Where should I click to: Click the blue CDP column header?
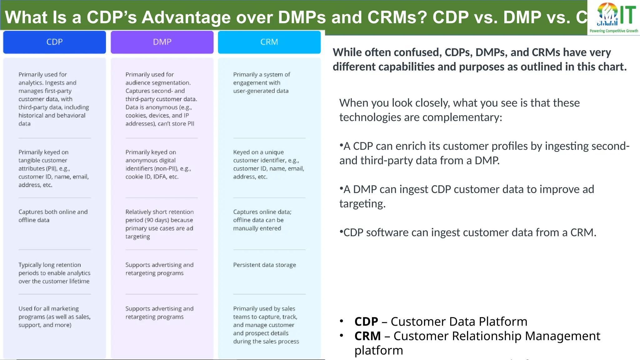[x=54, y=42]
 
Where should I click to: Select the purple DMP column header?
[x=162, y=42]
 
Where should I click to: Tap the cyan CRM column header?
[x=269, y=42]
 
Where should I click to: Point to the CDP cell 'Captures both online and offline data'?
[x=53, y=216]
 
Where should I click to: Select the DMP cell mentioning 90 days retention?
[x=159, y=224]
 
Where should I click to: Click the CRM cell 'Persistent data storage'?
[x=264, y=265]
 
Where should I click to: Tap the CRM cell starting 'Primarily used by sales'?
[x=266, y=325]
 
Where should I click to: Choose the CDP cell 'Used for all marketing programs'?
[x=54, y=317]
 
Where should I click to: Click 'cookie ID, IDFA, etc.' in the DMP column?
[x=152, y=177]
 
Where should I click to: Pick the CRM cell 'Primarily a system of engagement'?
[x=261, y=83]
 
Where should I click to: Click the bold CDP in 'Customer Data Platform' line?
[x=366, y=322]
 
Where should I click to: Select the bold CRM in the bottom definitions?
[x=367, y=336]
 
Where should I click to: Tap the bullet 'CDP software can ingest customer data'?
[x=468, y=233]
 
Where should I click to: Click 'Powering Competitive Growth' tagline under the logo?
[x=613, y=31]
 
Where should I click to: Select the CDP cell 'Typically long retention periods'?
[x=54, y=273]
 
